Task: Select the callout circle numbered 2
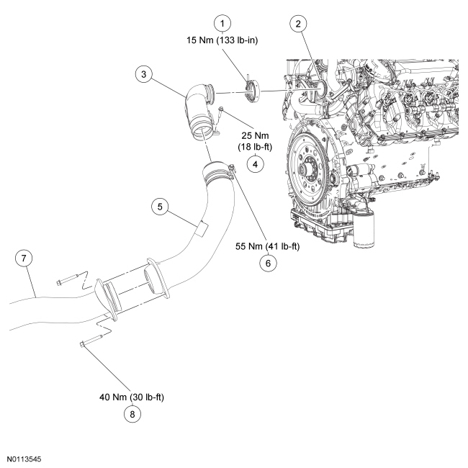[x=297, y=22]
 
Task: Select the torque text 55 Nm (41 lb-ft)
[x=267, y=246]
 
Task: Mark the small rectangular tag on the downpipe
[x=202, y=229]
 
